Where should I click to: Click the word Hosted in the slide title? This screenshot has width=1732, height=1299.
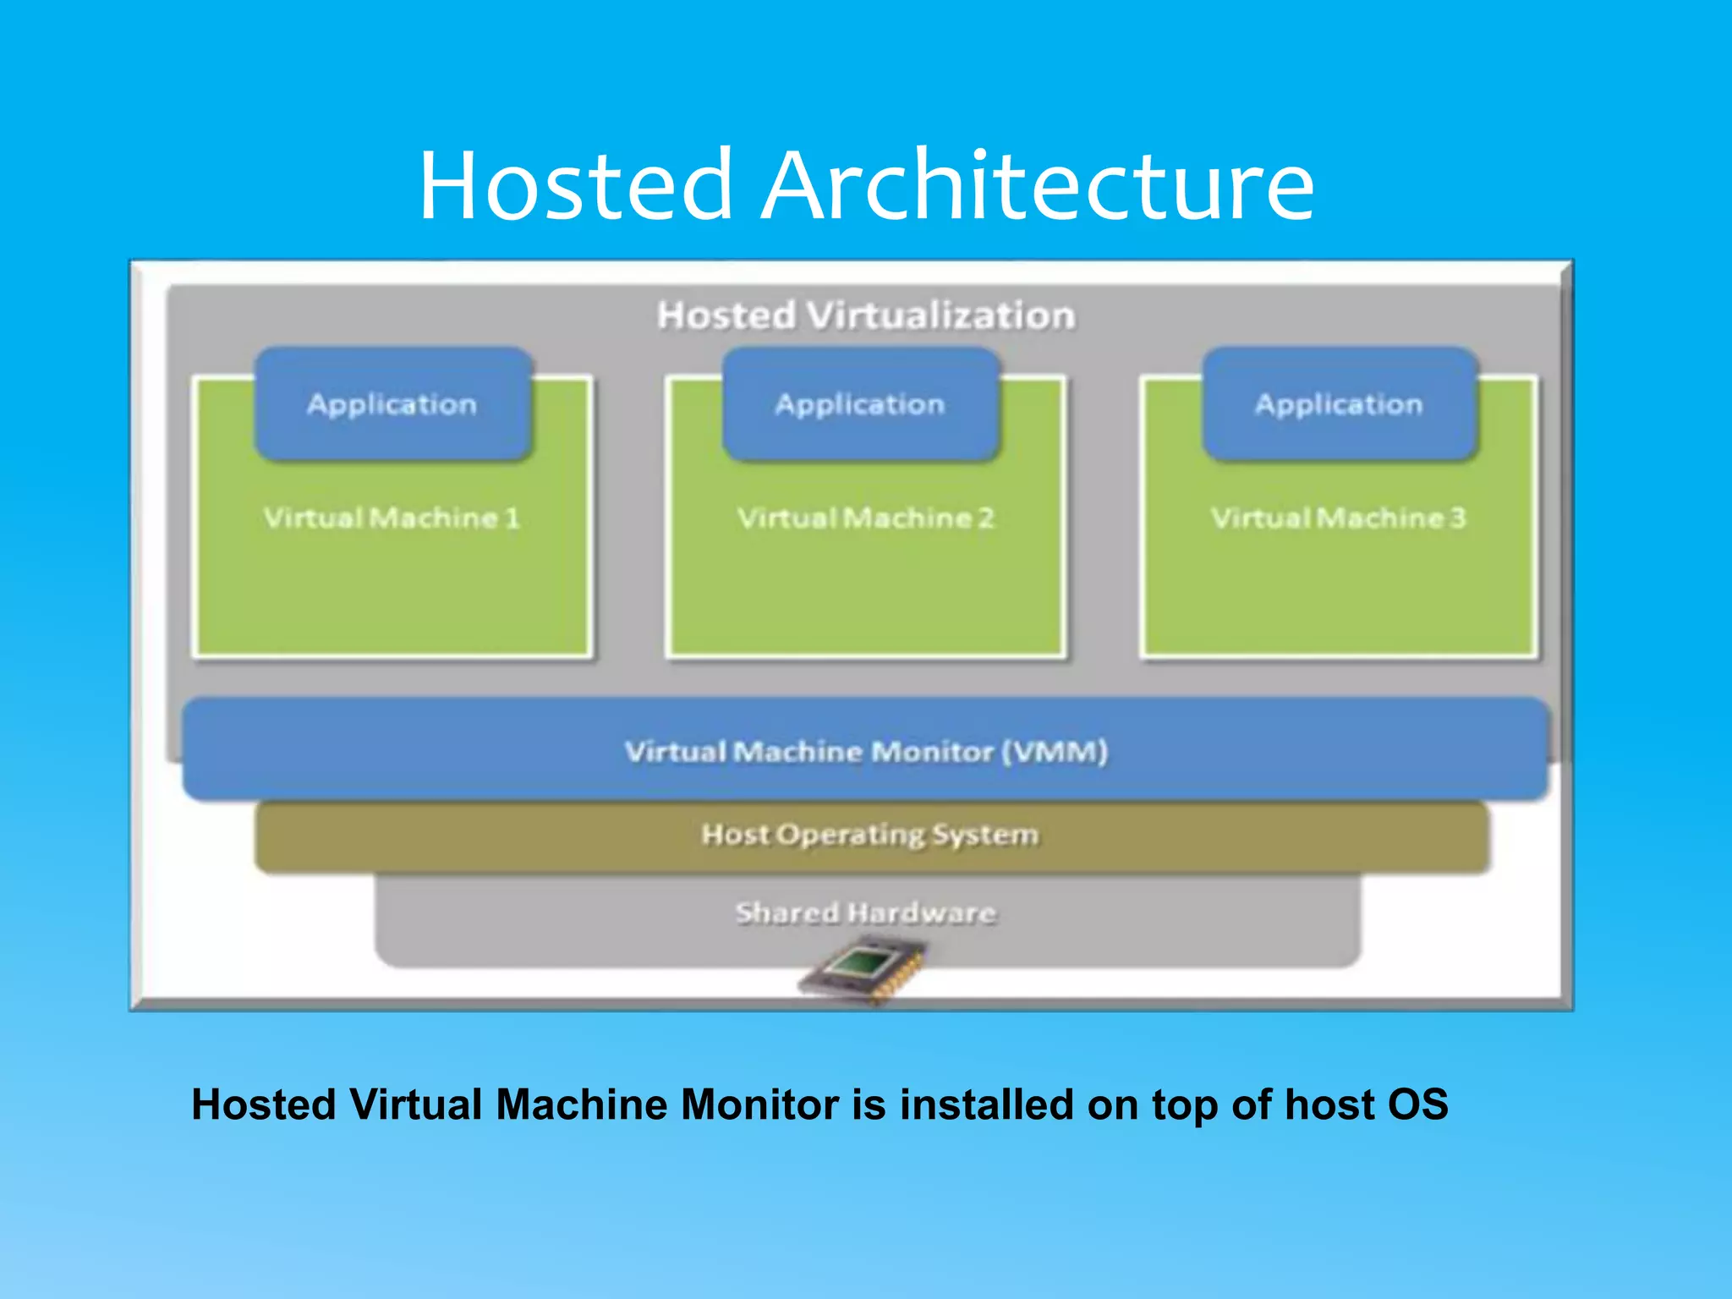(575, 185)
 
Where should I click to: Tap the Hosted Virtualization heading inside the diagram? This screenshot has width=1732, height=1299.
(866, 315)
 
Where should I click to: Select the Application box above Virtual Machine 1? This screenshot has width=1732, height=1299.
(392, 404)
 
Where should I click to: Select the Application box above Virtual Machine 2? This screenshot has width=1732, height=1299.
(860, 404)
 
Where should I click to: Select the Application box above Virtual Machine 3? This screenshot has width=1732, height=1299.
(1339, 404)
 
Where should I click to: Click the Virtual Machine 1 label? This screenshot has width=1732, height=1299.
(392, 518)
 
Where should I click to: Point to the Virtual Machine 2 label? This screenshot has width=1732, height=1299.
(866, 518)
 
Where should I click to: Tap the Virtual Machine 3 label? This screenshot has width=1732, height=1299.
(1338, 518)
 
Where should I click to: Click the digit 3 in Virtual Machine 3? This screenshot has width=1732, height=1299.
(1457, 518)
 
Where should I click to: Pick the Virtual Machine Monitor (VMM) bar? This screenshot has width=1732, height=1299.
(866, 751)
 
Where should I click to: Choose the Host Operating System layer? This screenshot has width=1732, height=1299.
(869, 836)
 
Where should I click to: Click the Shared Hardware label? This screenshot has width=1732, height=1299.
(865, 913)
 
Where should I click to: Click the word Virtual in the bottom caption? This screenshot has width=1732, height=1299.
(415, 1104)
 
